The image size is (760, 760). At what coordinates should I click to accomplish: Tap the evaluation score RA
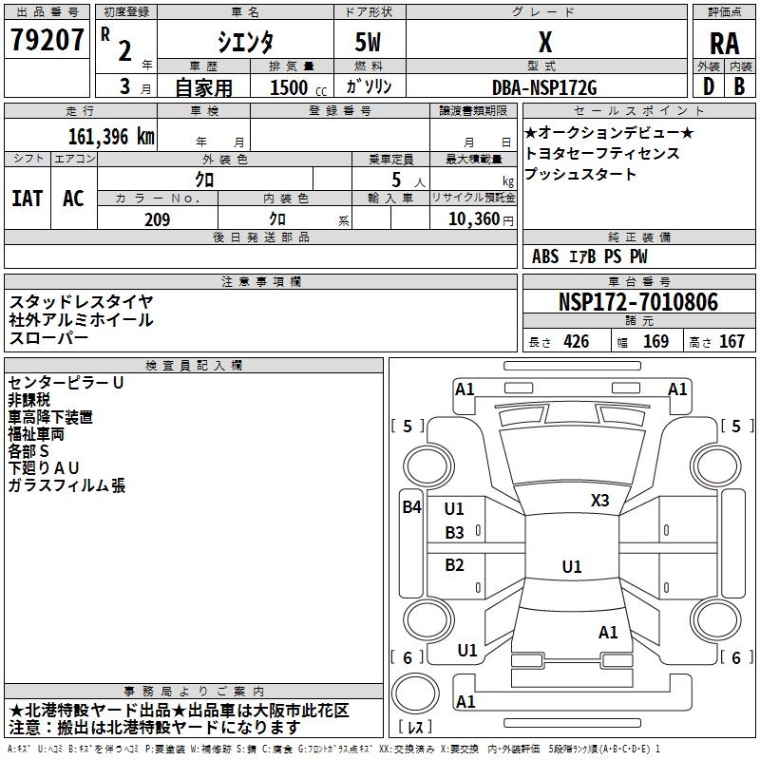click(x=724, y=43)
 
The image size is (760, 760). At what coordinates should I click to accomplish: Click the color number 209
click(x=157, y=219)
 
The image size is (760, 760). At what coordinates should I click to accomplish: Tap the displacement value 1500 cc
click(x=289, y=87)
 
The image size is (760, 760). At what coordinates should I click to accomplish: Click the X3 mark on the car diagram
click(x=599, y=501)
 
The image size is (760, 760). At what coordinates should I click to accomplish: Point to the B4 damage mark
click(x=410, y=507)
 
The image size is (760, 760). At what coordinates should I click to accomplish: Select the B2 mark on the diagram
click(x=454, y=565)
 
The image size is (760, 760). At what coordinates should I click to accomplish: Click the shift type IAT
click(x=27, y=199)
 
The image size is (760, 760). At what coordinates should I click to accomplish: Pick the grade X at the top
click(x=544, y=42)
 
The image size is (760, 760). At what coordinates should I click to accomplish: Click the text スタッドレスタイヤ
click(x=81, y=301)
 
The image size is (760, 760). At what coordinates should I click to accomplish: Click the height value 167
click(x=731, y=342)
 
